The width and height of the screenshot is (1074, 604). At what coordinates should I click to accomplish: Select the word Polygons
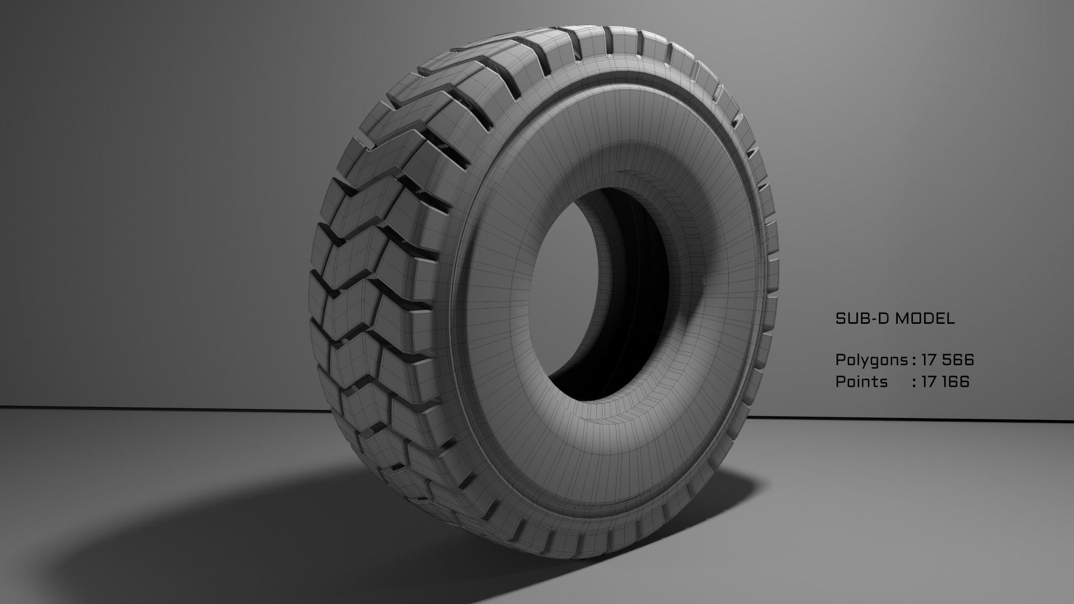(x=872, y=360)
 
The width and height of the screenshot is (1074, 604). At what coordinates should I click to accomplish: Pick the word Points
(x=861, y=381)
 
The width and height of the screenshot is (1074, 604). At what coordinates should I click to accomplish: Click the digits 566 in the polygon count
(x=958, y=360)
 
